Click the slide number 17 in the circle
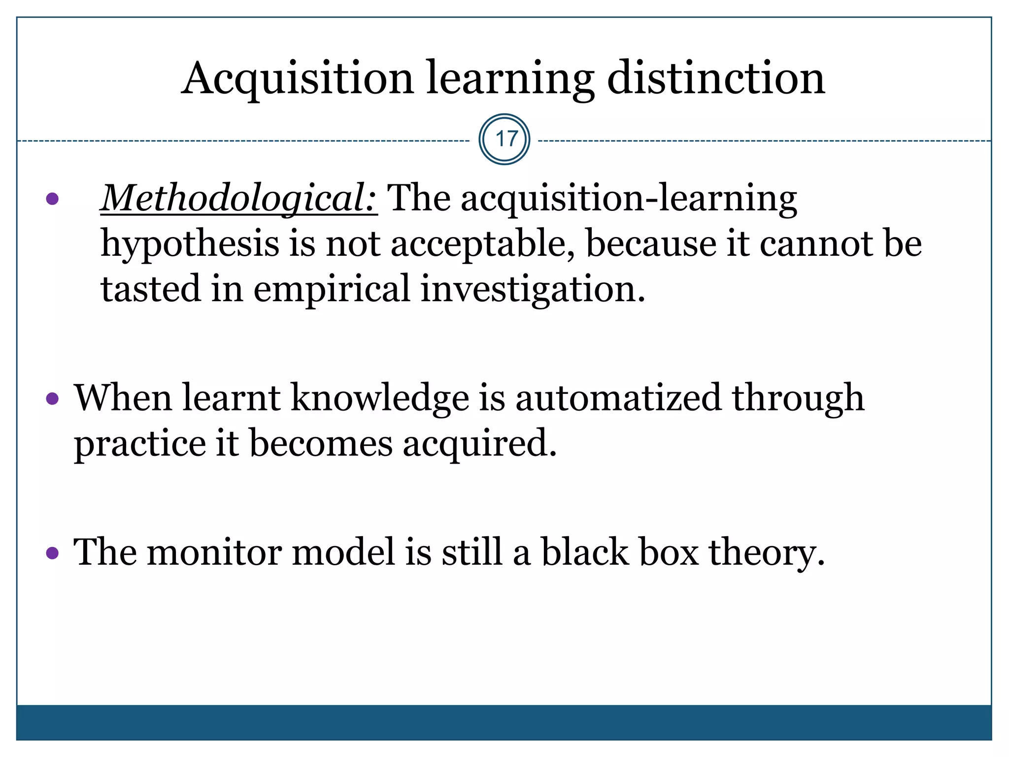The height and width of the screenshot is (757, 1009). (x=504, y=139)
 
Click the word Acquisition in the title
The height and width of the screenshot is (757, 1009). (x=298, y=79)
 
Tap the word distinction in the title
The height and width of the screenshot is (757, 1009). (x=716, y=79)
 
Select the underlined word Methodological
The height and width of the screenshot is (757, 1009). (x=238, y=199)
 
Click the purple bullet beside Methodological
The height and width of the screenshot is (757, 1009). (x=52, y=199)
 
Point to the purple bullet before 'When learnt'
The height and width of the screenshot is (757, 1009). (x=52, y=398)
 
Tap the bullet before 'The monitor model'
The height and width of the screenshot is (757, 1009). (x=52, y=553)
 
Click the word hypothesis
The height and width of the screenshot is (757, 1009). (x=190, y=244)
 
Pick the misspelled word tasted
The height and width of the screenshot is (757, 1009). (x=150, y=289)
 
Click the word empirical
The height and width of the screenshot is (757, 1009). (x=332, y=289)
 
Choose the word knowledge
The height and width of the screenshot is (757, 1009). (x=380, y=398)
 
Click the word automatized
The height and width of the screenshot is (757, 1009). (x=618, y=398)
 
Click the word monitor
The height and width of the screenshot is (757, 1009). (x=214, y=552)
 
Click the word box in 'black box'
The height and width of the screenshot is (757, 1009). (x=669, y=552)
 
